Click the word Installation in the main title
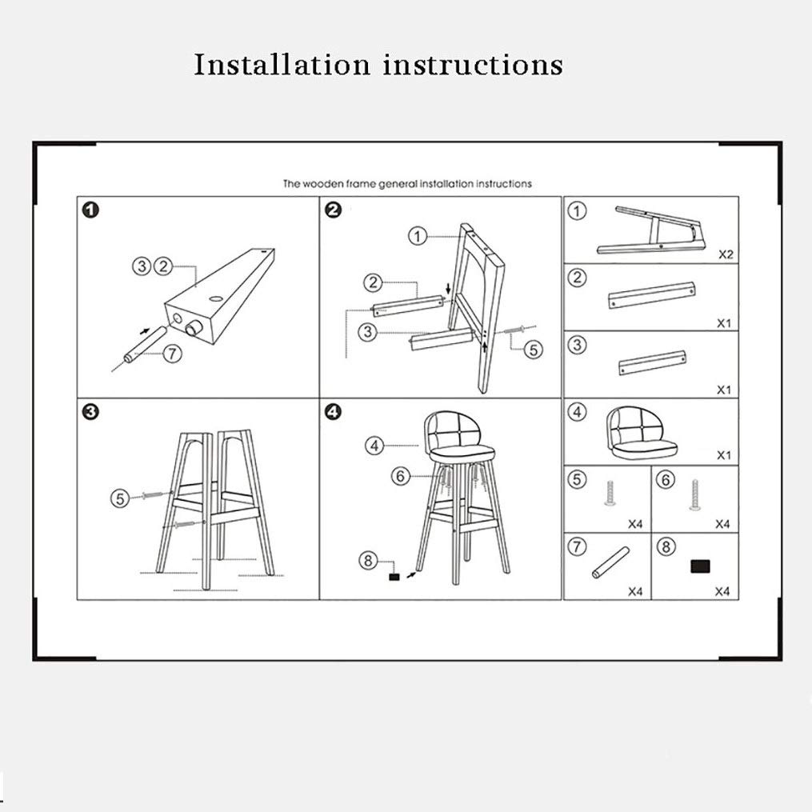[x=282, y=65]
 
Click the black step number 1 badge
[x=90, y=210]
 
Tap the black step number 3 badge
[x=90, y=412]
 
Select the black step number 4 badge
[x=333, y=412]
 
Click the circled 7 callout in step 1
[x=173, y=354]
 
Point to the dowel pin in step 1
[x=142, y=344]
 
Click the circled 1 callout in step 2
[x=418, y=236]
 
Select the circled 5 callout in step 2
[x=534, y=350]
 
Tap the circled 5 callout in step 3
[x=120, y=498]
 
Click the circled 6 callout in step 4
[x=400, y=475]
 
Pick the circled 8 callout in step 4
[x=368, y=560]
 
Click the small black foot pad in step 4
[x=394, y=576]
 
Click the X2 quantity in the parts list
[x=726, y=254]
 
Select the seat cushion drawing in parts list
[x=642, y=433]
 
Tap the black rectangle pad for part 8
[x=700, y=566]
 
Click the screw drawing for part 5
[x=610, y=494]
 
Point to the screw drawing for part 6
[x=694, y=494]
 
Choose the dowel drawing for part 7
[x=610, y=562]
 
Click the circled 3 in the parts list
[x=577, y=345]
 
